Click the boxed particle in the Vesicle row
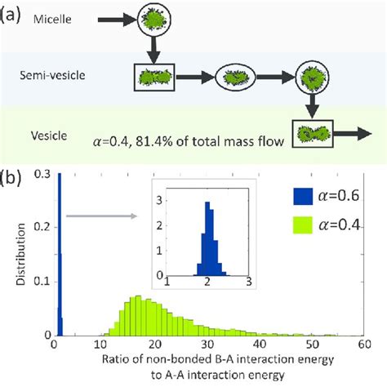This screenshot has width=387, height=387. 314,135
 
